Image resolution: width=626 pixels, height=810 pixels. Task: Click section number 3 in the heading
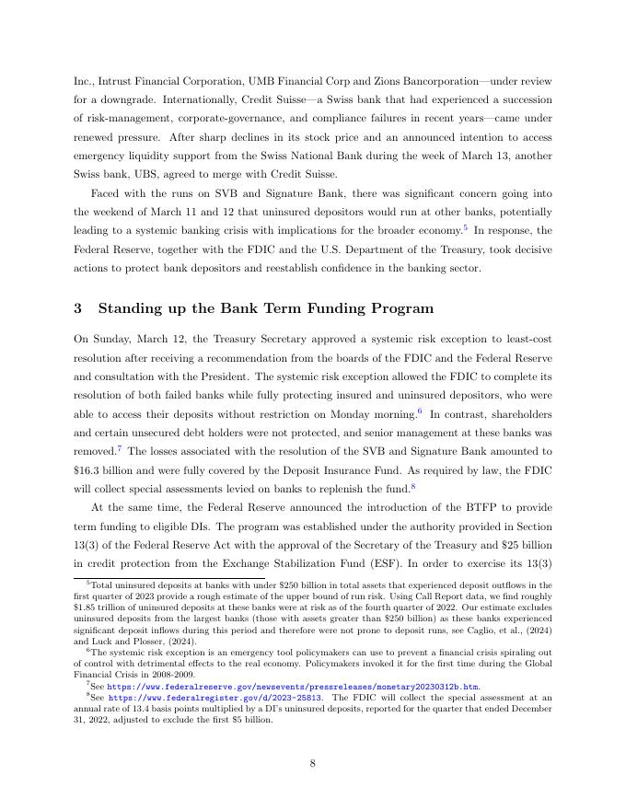79,307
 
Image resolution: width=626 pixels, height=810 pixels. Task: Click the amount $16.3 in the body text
88,471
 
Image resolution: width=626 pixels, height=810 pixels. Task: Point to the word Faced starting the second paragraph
108,195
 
